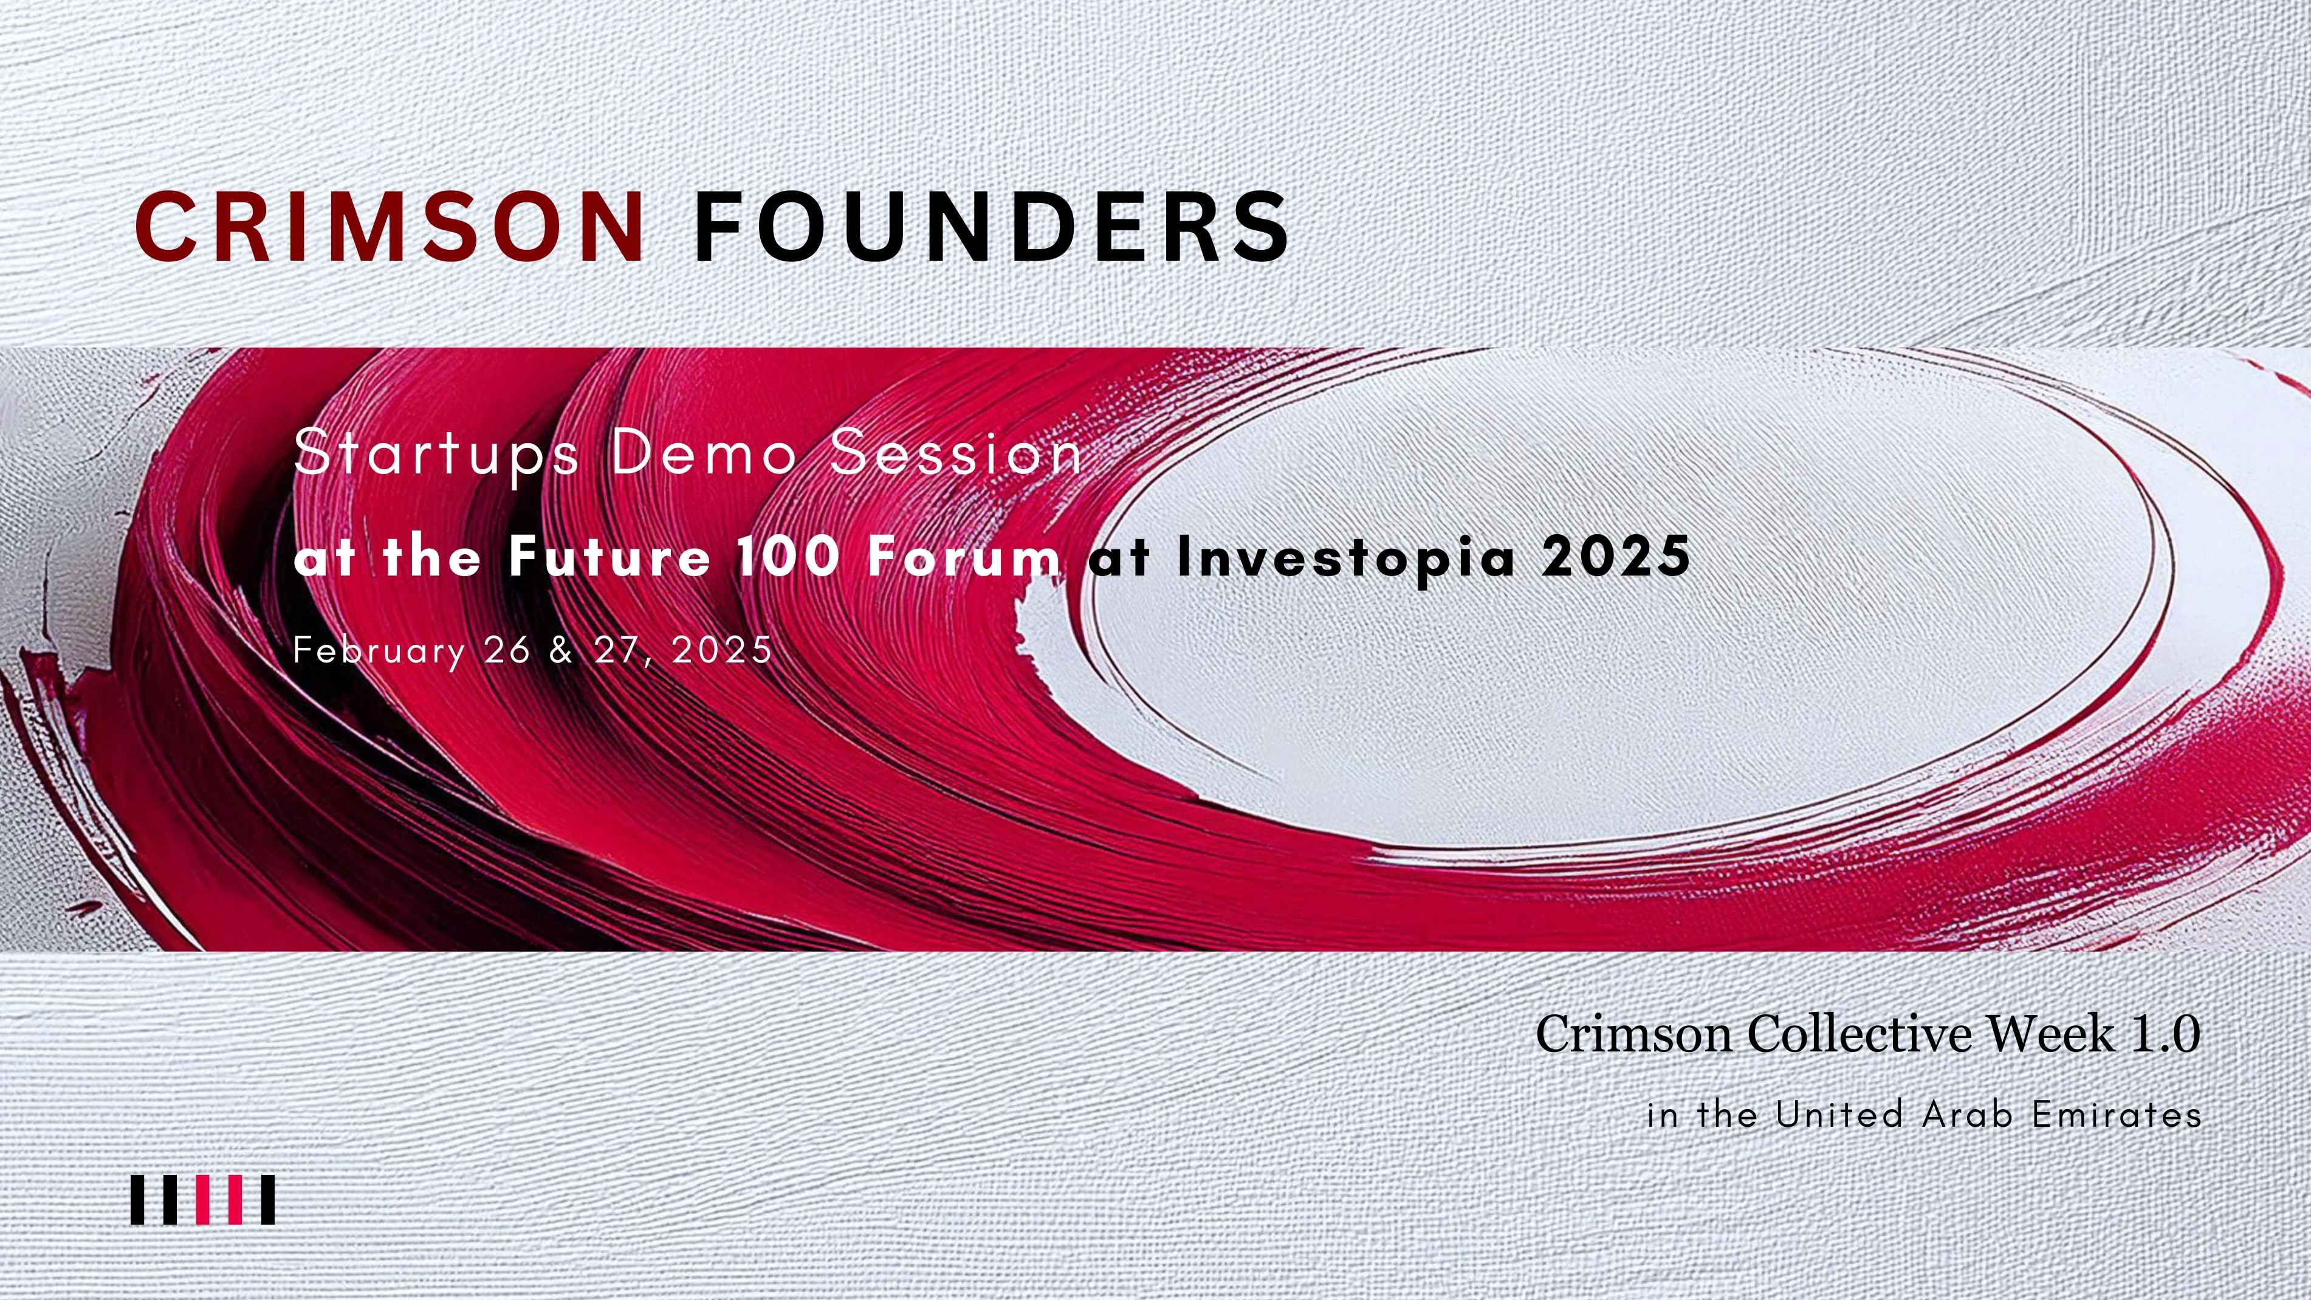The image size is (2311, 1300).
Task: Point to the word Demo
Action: (x=704, y=452)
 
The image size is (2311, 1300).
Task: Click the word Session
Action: (x=956, y=452)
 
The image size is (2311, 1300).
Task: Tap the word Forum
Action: (x=964, y=556)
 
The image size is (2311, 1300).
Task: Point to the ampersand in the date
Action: (x=561, y=650)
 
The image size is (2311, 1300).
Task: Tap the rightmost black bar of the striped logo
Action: (x=267, y=1200)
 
